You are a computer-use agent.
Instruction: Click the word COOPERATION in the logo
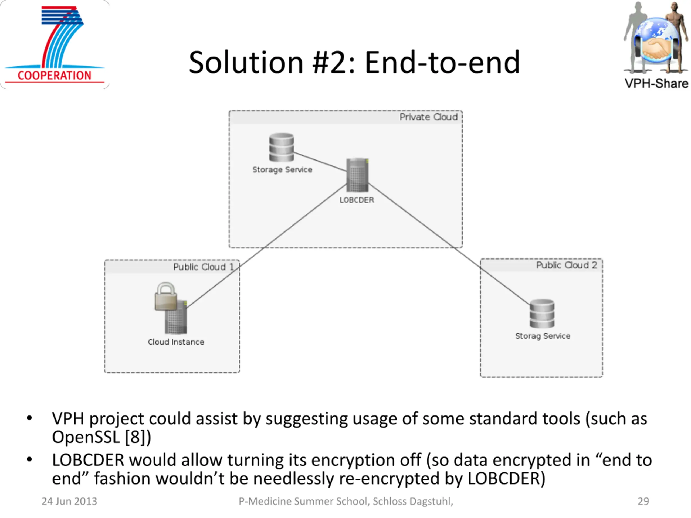click(54, 76)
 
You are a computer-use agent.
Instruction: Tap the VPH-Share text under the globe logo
click(656, 83)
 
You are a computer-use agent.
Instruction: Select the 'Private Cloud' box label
click(429, 117)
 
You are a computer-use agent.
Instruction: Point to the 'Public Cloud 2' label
click(567, 265)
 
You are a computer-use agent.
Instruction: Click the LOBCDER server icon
click(357, 175)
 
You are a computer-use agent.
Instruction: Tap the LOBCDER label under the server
click(357, 200)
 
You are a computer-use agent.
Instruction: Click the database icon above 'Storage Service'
click(282, 147)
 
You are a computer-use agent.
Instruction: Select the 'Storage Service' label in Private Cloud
click(282, 169)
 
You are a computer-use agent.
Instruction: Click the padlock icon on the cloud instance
click(165, 296)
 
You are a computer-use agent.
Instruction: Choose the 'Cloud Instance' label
click(176, 342)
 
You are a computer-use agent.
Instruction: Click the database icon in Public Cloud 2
click(542, 314)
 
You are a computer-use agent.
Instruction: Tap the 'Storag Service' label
click(543, 336)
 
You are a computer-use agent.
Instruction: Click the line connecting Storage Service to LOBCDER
click(320, 162)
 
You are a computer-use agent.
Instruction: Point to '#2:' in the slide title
click(334, 63)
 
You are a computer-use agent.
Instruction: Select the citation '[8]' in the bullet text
click(135, 437)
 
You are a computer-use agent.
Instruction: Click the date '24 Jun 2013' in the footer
click(69, 501)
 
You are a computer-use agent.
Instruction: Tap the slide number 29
click(643, 501)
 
